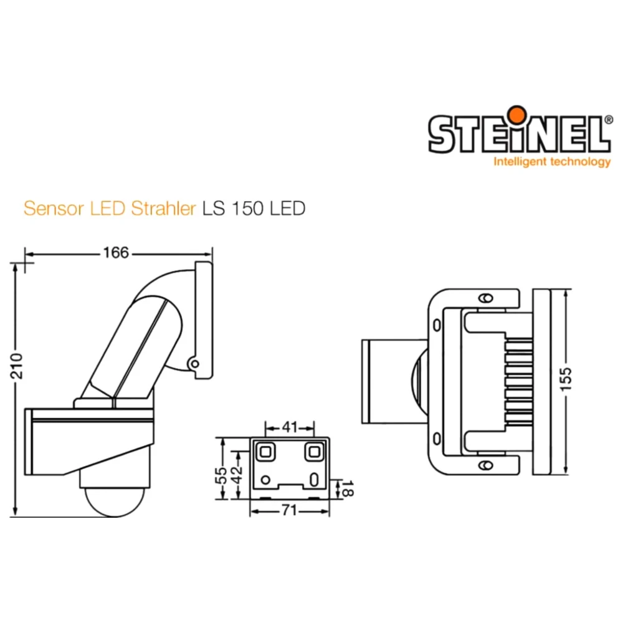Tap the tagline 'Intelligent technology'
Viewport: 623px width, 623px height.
click(552, 162)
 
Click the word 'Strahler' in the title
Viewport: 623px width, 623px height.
click(164, 208)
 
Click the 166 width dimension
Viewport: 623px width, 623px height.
click(116, 252)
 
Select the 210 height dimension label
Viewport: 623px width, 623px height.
click(18, 368)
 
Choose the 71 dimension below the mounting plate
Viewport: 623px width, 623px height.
click(288, 510)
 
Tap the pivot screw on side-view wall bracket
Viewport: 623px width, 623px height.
click(194, 363)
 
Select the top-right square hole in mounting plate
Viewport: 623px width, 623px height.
click(313, 451)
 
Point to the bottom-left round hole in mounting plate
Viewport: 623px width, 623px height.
click(266, 480)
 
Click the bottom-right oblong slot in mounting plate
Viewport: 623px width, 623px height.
click(313, 480)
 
